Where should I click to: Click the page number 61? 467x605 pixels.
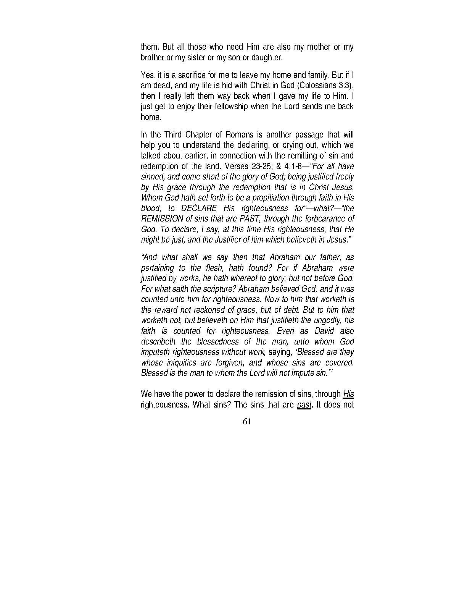(x=246, y=422)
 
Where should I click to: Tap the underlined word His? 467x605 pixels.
(x=348, y=394)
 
